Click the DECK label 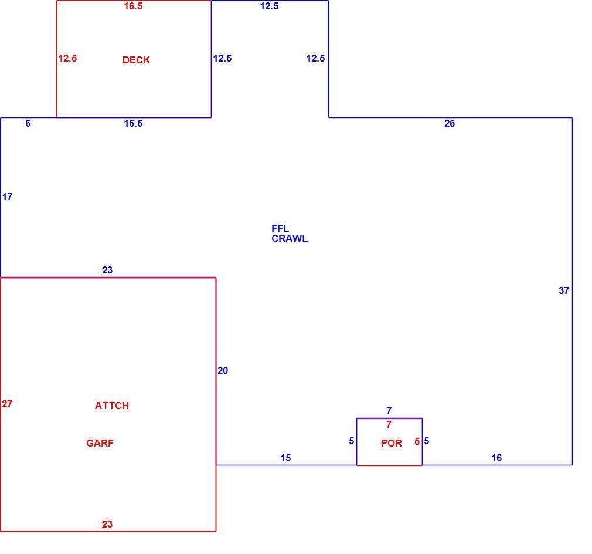pyautogui.click(x=136, y=60)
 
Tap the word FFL pyautogui.click(x=280, y=228)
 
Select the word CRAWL pyautogui.click(x=290, y=238)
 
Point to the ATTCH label pyautogui.click(x=112, y=406)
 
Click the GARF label pyautogui.click(x=100, y=443)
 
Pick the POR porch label pyautogui.click(x=391, y=443)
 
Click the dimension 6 pyautogui.click(x=28, y=123)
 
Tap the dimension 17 pyautogui.click(x=7, y=197)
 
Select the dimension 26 pyautogui.click(x=450, y=123)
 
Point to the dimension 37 pyautogui.click(x=564, y=290)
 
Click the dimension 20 pyautogui.click(x=223, y=370)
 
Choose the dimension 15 pyautogui.click(x=285, y=458)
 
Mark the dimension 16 pyautogui.click(x=496, y=458)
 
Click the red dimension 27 pyautogui.click(x=7, y=404)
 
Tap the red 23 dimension pyautogui.click(x=107, y=523)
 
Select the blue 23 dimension pyautogui.click(x=107, y=270)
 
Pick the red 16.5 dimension pyautogui.click(x=133, y=6)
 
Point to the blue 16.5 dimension pyautogui.click(x=133, y=123)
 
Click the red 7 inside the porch pyautogui.click(x=389, y=424)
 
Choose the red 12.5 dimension pyautogui.click(x=67, y=58)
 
